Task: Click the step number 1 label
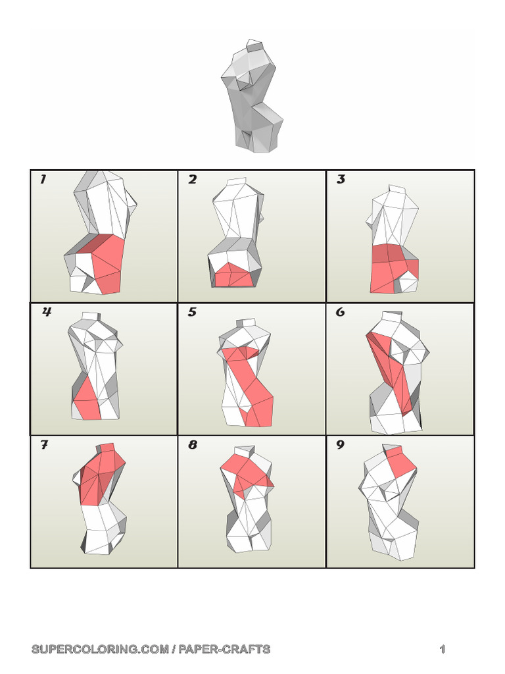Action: tap(43, 180)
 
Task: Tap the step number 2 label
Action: tap(192, 180)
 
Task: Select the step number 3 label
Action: tap(341, 180)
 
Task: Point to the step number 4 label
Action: tap(47, 313)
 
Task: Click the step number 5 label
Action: tap(192, 313)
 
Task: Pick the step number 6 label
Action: tap(340, 313)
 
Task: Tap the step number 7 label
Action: tap(44, 446)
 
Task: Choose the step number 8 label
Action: tap(192, 446)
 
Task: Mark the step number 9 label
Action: tap(340, 446)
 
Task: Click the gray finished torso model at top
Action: tap(253, 99)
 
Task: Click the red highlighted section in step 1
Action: tap(105, 263)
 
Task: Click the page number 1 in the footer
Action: tap(443, 650)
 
